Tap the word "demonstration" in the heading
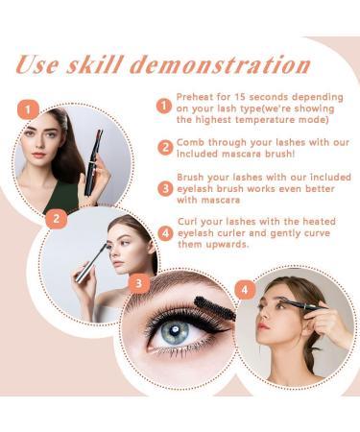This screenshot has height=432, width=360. [221, 65]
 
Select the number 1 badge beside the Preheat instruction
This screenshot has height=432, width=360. [164, 106]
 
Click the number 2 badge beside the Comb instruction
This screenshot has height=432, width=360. [165, 148]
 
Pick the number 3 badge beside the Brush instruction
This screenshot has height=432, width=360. [165, 188]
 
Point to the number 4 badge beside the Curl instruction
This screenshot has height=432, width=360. [165, 232]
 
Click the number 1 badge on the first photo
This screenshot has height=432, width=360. [28, 109]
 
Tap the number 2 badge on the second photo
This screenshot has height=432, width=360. [57, 218]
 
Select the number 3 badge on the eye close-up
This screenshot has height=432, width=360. [138, 283]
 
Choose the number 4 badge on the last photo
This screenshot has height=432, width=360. [245, 290]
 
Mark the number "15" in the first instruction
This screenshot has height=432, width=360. [240, 97]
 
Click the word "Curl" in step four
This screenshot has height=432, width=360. [188, 222]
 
